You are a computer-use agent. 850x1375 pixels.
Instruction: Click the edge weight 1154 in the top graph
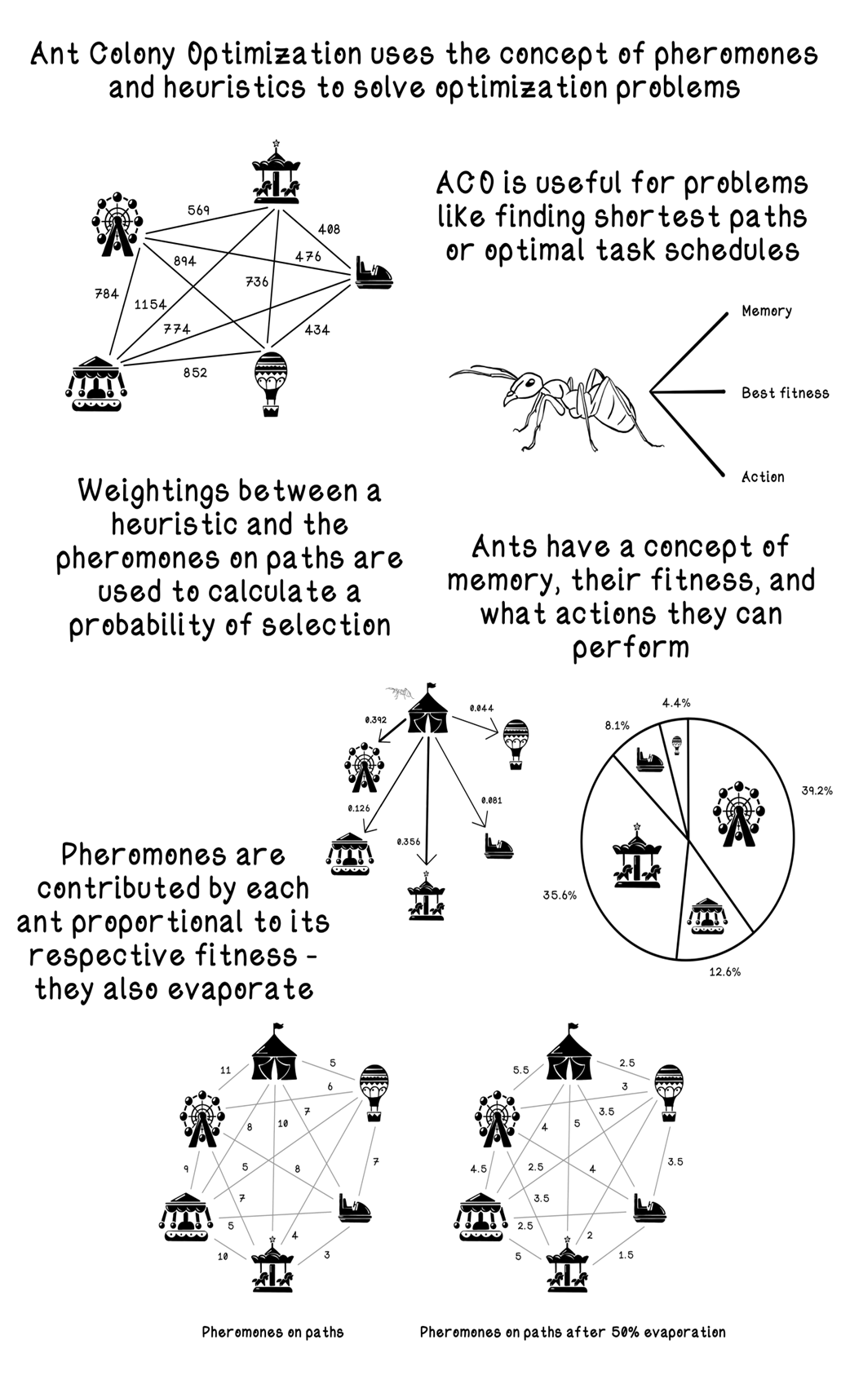pos(150,304)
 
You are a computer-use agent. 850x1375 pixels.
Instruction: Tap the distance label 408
pos(329,230)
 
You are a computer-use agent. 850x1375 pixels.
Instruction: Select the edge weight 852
pos(195,373)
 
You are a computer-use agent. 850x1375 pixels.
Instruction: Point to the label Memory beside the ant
pos(767,312)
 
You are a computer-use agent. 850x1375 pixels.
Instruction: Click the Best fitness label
pos(785,393)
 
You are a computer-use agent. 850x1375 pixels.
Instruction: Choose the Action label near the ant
pos(763,477)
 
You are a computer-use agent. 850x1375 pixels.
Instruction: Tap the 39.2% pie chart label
pos(817,790)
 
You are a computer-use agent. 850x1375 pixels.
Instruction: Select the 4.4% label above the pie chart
pos(676,703)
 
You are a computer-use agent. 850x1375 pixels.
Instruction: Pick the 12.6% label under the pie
pos(724,971)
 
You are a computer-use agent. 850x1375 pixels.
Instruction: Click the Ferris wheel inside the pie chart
pos(739,814)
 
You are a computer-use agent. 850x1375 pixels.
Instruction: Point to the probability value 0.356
pos(409,842)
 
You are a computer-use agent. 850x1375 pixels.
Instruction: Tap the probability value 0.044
pos(481,708)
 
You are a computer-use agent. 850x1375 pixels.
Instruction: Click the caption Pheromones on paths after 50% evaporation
pos(573,1332)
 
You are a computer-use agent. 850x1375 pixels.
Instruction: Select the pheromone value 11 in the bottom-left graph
pos(225,1070)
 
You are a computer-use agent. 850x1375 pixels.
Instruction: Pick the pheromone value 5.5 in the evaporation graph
pos(520,1070)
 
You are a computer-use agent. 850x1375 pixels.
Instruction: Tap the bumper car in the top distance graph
pos(374,274)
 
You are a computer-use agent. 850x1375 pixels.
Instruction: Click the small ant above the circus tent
pos(400,692)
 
